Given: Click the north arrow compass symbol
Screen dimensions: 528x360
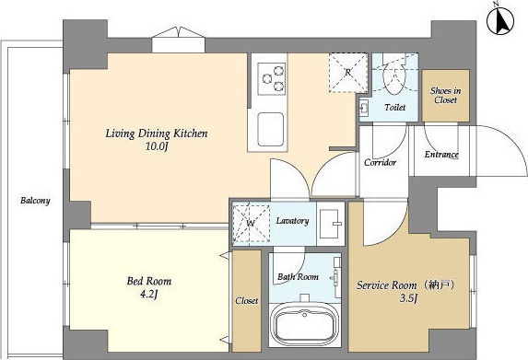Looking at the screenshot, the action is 500,21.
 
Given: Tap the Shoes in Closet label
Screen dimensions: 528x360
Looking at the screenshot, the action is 445,95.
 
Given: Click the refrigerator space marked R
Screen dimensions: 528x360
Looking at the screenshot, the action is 348,73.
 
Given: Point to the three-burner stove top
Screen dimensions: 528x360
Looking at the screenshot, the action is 272,79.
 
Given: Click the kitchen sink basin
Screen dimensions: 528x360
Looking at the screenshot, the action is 271,129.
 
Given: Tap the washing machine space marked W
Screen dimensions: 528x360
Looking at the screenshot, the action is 252,223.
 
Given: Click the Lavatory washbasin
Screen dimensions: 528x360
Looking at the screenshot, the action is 330,223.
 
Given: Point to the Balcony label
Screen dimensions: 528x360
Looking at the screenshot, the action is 35,201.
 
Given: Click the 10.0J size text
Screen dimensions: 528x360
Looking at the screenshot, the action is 157,146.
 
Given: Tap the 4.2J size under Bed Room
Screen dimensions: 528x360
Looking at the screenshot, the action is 149,295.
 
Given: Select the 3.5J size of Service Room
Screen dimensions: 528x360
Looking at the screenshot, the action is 409,298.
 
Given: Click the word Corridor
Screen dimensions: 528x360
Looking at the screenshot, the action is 381,162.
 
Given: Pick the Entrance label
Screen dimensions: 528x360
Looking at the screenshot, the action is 441,155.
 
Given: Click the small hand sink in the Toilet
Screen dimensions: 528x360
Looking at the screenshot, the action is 364,108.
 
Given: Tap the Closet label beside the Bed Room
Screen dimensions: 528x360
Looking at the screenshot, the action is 247,300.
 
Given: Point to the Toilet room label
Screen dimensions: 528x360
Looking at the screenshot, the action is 395,108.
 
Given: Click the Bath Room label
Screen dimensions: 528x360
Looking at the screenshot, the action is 298,277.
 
